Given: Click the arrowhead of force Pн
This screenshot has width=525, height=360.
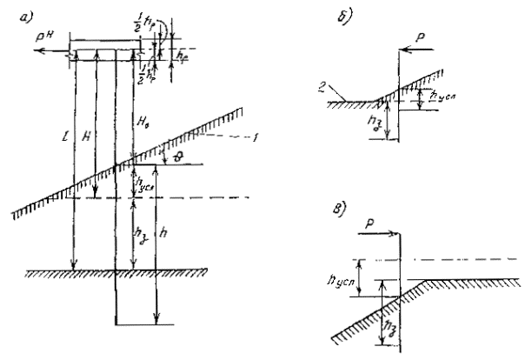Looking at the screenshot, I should (31, 52).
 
